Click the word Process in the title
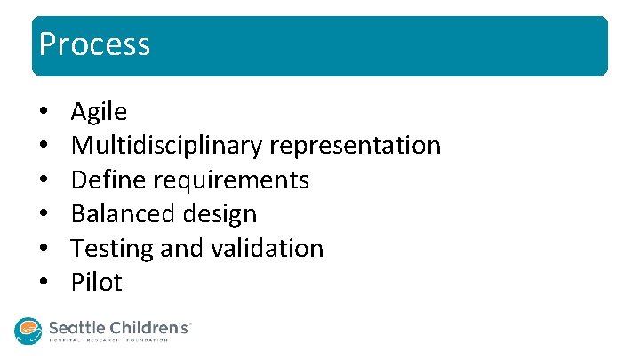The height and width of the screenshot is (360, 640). point(95,44)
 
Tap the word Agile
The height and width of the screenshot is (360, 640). point(99,112)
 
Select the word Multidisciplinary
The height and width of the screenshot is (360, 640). point(166,146)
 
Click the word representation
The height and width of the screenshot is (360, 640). point(355,146)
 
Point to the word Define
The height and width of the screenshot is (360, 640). point(108,180)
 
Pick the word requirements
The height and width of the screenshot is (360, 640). point(231,180)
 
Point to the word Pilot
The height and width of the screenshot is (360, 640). point(96,283)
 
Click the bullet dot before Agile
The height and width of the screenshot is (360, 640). point(43,113)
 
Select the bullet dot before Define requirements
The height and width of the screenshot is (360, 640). point(43,181)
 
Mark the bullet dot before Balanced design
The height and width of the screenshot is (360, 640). point(43,215)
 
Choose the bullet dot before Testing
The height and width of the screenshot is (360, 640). point(43,249)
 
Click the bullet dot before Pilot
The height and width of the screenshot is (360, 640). point(43,284)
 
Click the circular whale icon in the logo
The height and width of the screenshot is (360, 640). point(28,330)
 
